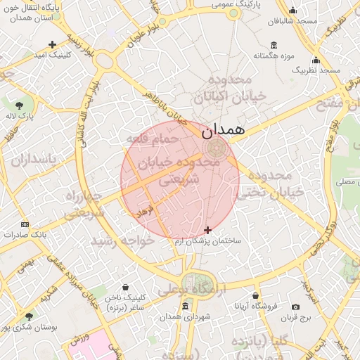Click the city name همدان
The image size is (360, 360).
click(x=222, y=131)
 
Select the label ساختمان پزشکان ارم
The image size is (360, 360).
click(x=209, y=240)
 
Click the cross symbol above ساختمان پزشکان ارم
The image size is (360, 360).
click(x=207, y=230)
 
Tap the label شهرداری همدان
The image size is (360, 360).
click(x=185, y=317)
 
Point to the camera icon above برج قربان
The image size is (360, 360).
click(x=295, y=307)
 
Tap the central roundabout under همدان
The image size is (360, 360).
click(x=216, y=148)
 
